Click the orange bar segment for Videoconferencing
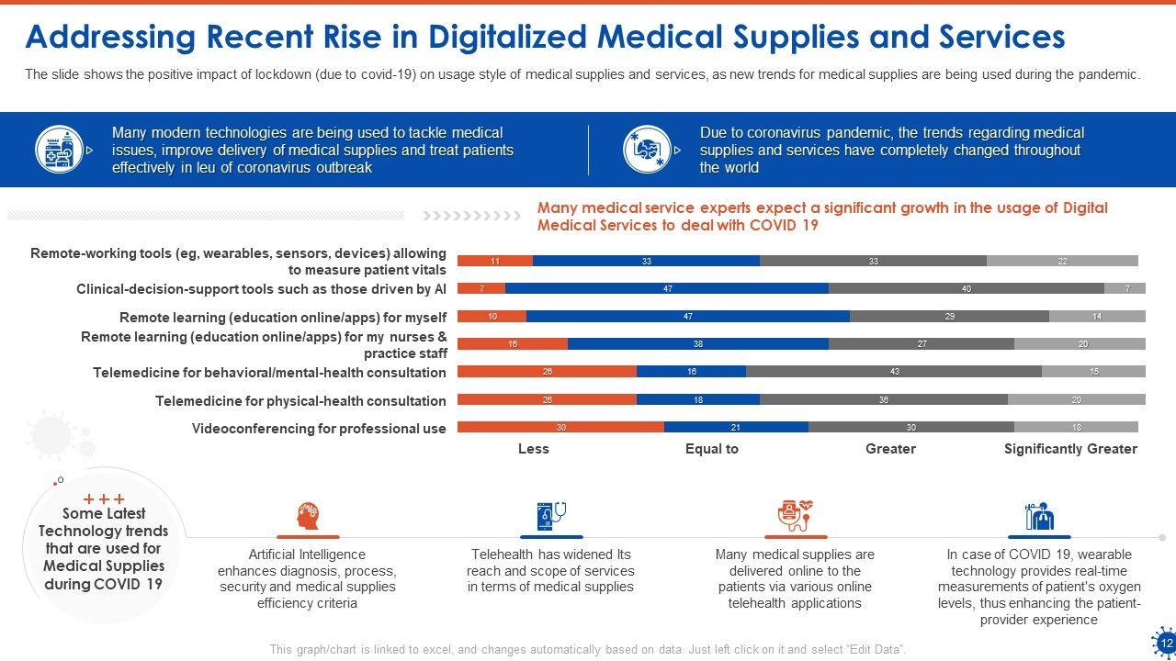[560, 427]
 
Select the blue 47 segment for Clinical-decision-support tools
[667, 288]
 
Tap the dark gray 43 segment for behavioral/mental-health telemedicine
[894, 372]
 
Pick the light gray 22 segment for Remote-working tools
[1062, 261]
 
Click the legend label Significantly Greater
[1070, 449]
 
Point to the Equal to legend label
[712, 449]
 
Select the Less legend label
[533, 449]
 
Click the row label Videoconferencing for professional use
[319, 429]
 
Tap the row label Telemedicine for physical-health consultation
[300, 401]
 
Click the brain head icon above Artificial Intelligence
[308, 516]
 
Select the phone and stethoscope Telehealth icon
[551, 516]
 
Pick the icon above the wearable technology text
[1038, 516]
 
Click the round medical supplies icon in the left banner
[60, 150]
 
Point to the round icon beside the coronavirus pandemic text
[648, 150]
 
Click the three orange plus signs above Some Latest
[104, 499]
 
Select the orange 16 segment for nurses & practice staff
[513, 344]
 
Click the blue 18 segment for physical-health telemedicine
[698, 399]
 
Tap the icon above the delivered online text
[795, 516]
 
